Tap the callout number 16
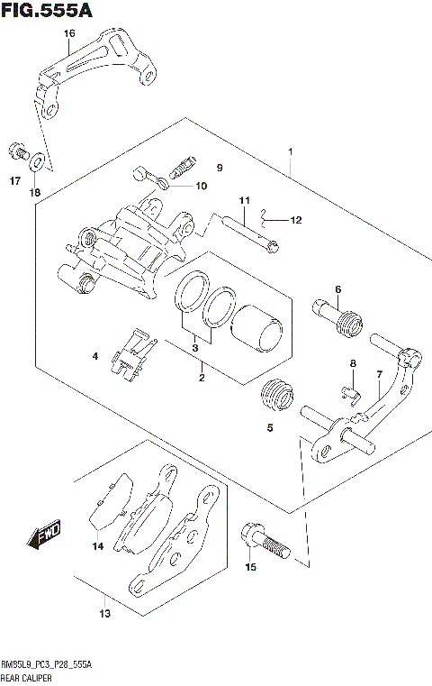click(x=68, y=34)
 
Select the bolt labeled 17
click(x=16, y=150)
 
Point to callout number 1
click(x=290, y=151)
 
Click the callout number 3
click(x=194, y=347)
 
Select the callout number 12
click(x=297, y=219)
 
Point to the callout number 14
click(x=97, y=545)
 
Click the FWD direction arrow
click(x=43, y=535)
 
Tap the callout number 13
click(x=105, y=614)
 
